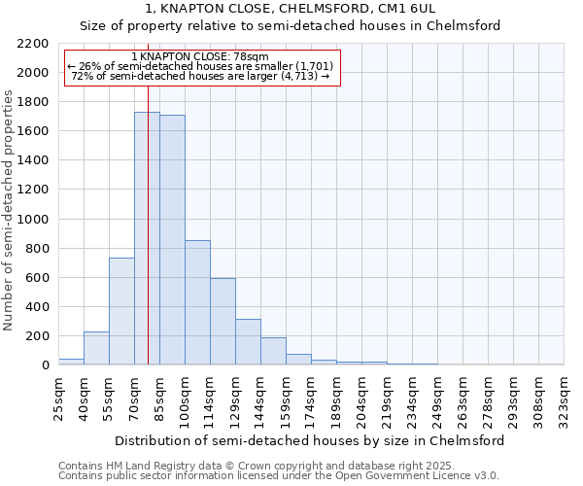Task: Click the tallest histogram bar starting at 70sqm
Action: tap(140, 238)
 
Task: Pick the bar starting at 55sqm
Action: tap(121, 311)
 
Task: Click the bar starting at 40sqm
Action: tap(96, 348)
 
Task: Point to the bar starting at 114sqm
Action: tap(223, 322)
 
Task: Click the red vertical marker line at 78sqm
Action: tap(148, 194)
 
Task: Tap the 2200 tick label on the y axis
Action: tap(33, 44)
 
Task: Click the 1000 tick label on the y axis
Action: tap(33, 220)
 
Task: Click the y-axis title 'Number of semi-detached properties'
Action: tap(10, 210)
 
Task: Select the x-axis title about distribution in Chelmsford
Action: tap(309, 440)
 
